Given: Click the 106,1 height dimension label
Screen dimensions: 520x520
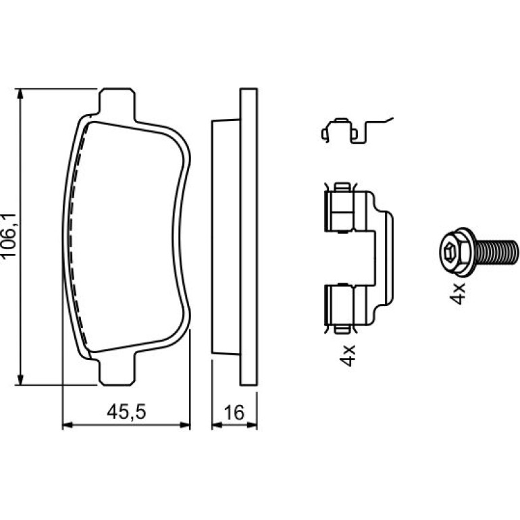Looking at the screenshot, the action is pos(9,235).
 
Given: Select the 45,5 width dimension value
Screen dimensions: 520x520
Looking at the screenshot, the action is pos(126,412).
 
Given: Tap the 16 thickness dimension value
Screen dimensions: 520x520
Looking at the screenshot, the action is pos(234,413).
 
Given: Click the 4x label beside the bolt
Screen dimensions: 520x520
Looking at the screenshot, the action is pos(458,294).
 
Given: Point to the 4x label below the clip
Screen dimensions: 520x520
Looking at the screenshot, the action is pos(348,355).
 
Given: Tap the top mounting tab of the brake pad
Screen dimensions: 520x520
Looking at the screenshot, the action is pos(118,103).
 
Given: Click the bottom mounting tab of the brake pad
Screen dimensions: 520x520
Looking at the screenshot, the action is pos(118,371).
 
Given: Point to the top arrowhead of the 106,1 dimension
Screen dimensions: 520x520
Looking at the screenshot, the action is pos(20,94).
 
